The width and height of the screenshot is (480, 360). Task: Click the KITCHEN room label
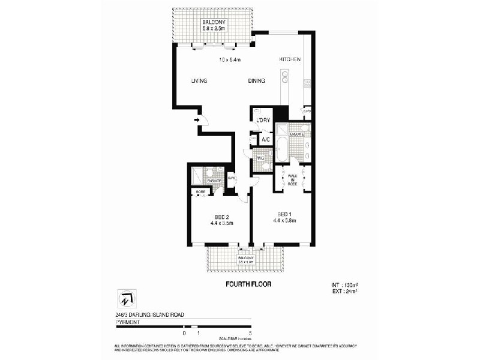[290, 59]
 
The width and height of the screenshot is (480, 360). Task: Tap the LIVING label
[199, 82]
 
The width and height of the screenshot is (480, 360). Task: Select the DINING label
[258, 82]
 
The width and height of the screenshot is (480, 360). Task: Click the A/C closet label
[266, 140]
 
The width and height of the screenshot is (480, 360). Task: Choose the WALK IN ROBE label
[292, 179]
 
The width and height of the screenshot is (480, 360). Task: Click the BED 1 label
[284, 214]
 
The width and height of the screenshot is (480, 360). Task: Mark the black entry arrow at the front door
[197, 121]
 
